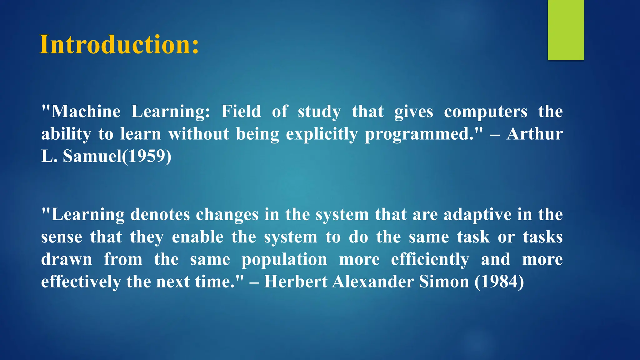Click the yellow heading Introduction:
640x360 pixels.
click(x=119, y=45)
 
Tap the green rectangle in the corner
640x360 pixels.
click(x=566, y=30)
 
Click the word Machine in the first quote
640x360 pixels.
click(x=86, y=112)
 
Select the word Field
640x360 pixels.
click(x=241, y=112)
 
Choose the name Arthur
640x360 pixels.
click(x=535, y=134)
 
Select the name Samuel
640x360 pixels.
click(x=92, y=156)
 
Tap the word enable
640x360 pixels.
click(x=197, y=237)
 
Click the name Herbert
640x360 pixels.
click(x=295, y=282)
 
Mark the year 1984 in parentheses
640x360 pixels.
click(x=499, y=282)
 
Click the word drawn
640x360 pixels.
click(x=67, y=259)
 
